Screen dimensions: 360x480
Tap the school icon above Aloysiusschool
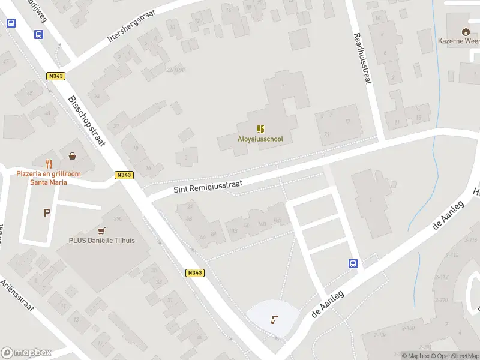[260, 128]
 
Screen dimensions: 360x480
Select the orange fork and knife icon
[50, 163]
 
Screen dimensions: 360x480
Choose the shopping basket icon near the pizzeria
[73, 156]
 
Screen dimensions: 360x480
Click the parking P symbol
[47, 212]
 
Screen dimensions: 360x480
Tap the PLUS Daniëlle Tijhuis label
[101, 241]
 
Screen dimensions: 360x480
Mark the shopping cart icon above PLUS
[101, 230]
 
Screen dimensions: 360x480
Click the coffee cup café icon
[275, 319]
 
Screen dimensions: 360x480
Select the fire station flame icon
[466, 31]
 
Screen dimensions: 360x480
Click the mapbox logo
[26, 353]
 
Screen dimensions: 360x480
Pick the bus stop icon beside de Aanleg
[353, 263]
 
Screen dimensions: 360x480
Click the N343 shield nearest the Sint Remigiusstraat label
[124, 175]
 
